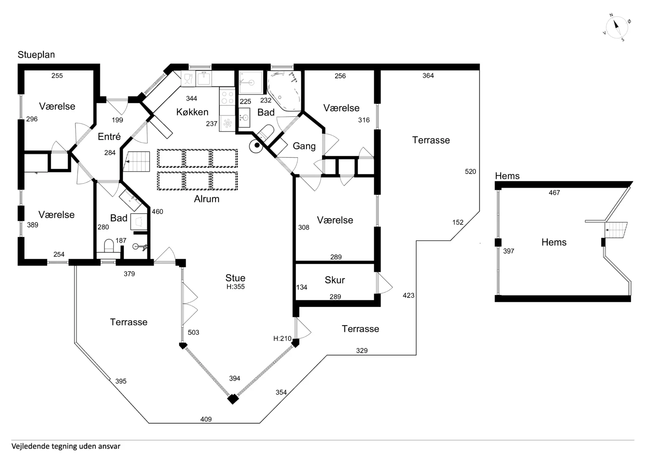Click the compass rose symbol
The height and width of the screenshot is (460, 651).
click(617, 27)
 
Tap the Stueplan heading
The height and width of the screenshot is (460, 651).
click(36, 55)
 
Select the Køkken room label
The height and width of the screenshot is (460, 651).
click(192, 112)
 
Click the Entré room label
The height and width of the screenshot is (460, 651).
click(109, 136)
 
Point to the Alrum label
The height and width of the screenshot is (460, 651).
click(206, 199)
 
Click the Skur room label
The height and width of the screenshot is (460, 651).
click(335, 280)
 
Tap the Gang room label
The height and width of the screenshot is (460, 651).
click(304, 146)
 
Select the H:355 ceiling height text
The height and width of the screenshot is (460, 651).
click(236, 286)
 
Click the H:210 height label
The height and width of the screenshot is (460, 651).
click(282, 338)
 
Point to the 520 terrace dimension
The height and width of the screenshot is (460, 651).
click(470, 172)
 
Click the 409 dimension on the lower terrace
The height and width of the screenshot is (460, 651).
click(206, 419)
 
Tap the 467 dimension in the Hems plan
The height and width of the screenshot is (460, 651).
click(554, 193)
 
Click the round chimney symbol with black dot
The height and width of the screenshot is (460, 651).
click(256, 146)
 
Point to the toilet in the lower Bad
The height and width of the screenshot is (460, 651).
click(109, 246)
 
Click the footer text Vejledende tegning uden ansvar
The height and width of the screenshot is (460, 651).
click(66, 446)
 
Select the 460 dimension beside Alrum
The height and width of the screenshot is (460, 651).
click(157, 212)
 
